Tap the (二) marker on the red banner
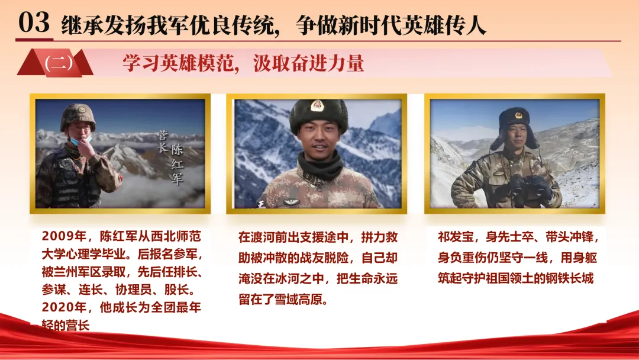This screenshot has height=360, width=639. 59,63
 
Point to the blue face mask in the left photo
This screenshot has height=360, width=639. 80,141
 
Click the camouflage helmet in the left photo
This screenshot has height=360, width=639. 78,117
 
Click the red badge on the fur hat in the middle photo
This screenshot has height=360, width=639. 318,106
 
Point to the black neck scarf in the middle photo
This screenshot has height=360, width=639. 320,166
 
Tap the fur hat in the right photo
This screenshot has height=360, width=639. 515,124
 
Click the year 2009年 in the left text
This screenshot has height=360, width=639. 64,236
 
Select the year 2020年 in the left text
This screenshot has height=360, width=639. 64,307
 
